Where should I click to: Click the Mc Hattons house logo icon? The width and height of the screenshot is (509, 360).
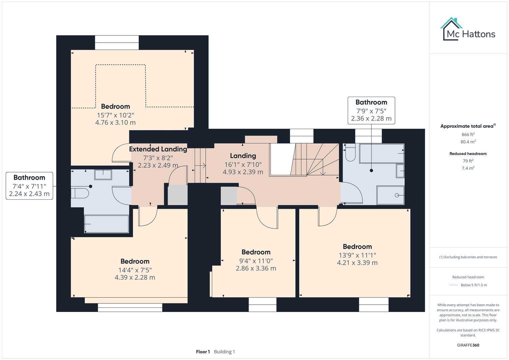click(x=451, y=29)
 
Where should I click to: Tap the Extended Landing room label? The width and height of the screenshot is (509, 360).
click(x=158, y=149)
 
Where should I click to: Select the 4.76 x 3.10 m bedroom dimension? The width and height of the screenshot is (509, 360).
click(x=115, y=122)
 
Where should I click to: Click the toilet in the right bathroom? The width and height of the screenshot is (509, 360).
click(x=350, y=153)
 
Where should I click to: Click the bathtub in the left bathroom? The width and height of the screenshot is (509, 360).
click(x=106, y=224)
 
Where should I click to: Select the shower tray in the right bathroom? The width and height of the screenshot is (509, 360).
click(x=390, y=195)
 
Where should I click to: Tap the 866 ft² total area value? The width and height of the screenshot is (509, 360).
click(x=468, y=135)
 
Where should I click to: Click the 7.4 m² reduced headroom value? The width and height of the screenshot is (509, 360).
click(x=468, y=168)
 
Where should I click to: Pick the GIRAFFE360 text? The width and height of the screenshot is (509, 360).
click(x=468, y=345)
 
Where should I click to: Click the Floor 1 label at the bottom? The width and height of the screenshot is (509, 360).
click(x=203, y=352)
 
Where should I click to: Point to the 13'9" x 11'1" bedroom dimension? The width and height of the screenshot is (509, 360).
click(x=357, y=255)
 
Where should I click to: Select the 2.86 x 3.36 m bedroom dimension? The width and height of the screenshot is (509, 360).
click(x=256, y=268)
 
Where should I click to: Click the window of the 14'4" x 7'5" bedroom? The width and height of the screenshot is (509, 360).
click(x=130, y=307)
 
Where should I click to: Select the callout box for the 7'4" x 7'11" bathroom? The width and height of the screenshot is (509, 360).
click(x=29, y=186)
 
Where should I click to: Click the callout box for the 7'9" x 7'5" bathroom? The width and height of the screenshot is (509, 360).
click(x=371, y=110)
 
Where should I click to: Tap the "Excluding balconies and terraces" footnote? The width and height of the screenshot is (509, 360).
click(x=468, y=257)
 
